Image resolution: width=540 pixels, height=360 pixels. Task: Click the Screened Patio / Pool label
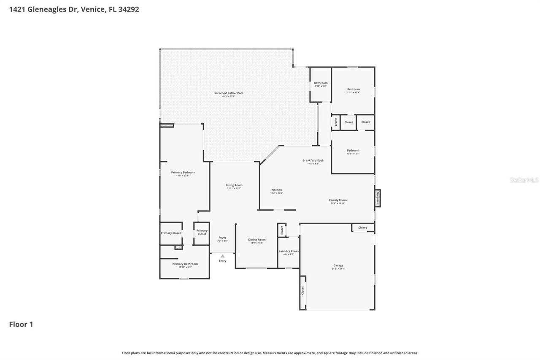click(x=229, y=93)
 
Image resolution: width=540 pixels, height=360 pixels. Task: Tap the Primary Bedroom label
click(x=183, y=172)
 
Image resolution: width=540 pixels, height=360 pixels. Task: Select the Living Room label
click(x=234, y=185)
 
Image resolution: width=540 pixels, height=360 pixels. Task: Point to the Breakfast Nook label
click(x=313, y=160)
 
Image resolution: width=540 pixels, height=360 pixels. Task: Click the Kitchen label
click(x=276, y=190)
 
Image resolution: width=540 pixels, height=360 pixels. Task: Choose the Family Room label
click(x=337, y=200)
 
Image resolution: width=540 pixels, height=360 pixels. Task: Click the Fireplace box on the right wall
click(x=378, y=198)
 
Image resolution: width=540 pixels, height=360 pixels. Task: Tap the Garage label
click(x=338, y=265)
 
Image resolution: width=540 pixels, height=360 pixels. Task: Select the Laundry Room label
click(x=289, y=251)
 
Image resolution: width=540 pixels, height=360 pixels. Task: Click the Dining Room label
click(x=256, y=239)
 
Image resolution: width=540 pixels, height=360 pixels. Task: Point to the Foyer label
click(x=222, y=238)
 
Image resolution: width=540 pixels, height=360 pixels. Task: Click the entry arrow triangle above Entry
click(x=222, y=256)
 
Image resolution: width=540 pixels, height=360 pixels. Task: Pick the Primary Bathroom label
click(x=185, y=264)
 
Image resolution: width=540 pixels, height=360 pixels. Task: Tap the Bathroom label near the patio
click(x=321, y=83)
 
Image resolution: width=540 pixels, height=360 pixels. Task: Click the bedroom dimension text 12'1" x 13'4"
click(x=354, y=92)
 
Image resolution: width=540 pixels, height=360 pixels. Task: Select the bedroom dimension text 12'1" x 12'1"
click(x=353, y=154)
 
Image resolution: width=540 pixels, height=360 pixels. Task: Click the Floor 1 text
click(x=21, y=324)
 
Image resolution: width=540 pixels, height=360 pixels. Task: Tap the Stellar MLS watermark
click(x=524, y=180)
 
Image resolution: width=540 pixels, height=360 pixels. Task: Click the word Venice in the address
click(x=93, y=9)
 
